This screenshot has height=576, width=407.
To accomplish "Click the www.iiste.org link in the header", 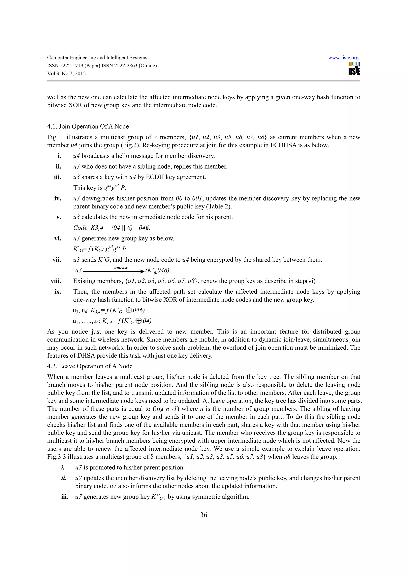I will (343, 58).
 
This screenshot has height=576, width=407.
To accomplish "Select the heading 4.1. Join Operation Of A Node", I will (88, 126).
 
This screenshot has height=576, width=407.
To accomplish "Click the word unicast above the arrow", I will (121, 268).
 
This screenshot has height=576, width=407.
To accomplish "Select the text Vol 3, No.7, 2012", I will (66, 74).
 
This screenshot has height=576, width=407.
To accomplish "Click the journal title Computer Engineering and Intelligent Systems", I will (97, 58).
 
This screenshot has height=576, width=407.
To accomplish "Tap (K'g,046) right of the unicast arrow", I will (157, 271).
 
